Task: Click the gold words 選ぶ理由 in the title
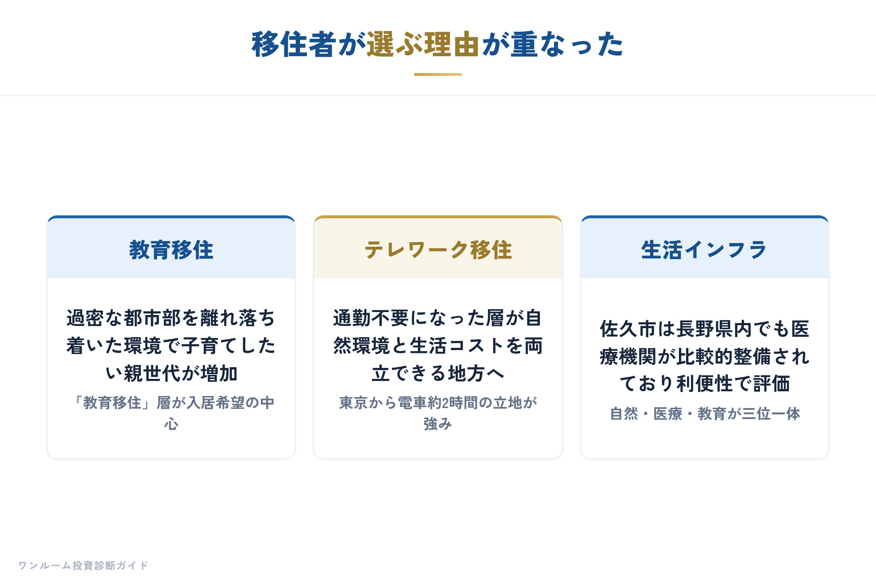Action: (x=423, y=44)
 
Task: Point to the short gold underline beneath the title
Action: (x=438, y=74)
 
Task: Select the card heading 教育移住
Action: (x=171, y=250)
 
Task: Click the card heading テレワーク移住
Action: (x=438, y=250)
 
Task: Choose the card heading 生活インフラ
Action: (x=704, y=250)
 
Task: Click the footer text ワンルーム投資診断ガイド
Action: (x=84, y=565)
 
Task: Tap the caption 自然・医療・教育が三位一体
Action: (x=705, y=414)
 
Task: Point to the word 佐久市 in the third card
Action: (x=628, y=329)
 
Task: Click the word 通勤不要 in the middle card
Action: (x=371, y=318)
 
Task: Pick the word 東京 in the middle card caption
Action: (x=353, y=403)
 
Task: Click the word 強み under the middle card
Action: (x=438, y=424)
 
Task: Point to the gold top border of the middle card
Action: (x=438, y=217)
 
